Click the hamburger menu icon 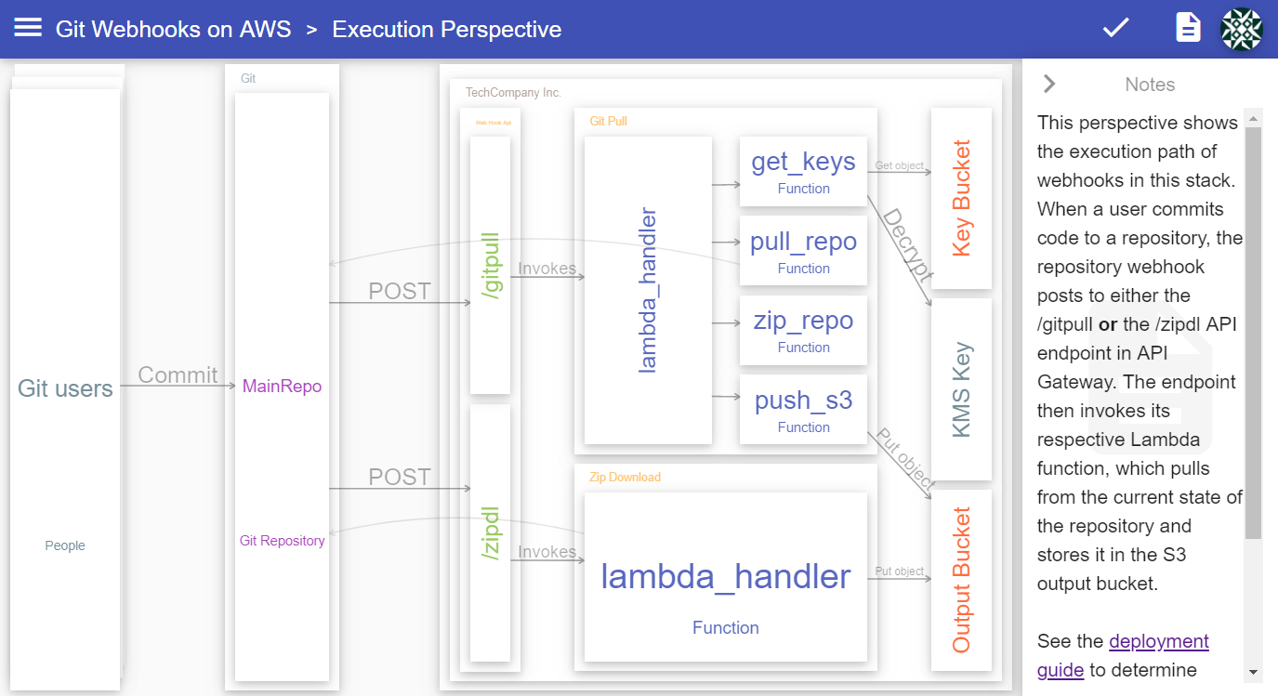coord(28,28)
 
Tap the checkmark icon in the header coord(1115,28)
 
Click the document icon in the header coord(1188,28)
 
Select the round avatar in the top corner coord(1242,29)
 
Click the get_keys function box coord(803,171)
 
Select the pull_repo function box coord(803,251)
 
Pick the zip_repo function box coord(803,330)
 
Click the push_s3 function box coord(803,410)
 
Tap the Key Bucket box coord(961,198)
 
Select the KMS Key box coord(961,389)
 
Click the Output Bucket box coord(961,579)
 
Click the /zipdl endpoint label coord(491,532)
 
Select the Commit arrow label coord(178,375)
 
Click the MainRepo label coord(282,387)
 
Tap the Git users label coord(65,388)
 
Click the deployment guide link coord(1158,641)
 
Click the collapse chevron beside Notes coord(1049,84)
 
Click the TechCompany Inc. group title coord(513,93)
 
